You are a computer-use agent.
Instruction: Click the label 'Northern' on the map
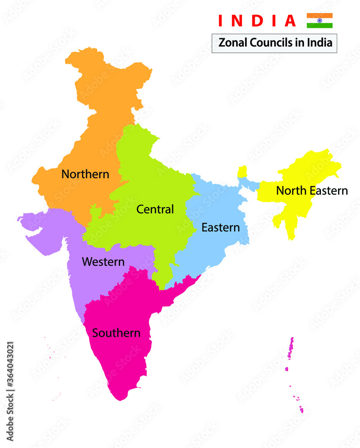tap(85, 174)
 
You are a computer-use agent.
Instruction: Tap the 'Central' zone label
tap(155, 209)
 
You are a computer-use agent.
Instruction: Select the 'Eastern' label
tap(220, 227)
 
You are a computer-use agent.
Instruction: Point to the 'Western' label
tap(103, 262)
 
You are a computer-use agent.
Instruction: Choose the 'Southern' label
tap(116, 333)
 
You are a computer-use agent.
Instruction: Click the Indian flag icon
tap(320, 21)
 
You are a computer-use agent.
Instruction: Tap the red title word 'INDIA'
tap(257, 21)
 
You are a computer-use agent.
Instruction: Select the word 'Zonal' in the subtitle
tap(231, 43)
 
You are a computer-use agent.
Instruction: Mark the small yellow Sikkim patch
tap(242, 172)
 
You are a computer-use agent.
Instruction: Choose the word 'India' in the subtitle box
tap(319, 43)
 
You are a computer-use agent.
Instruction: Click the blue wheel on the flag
tap(320, 21)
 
